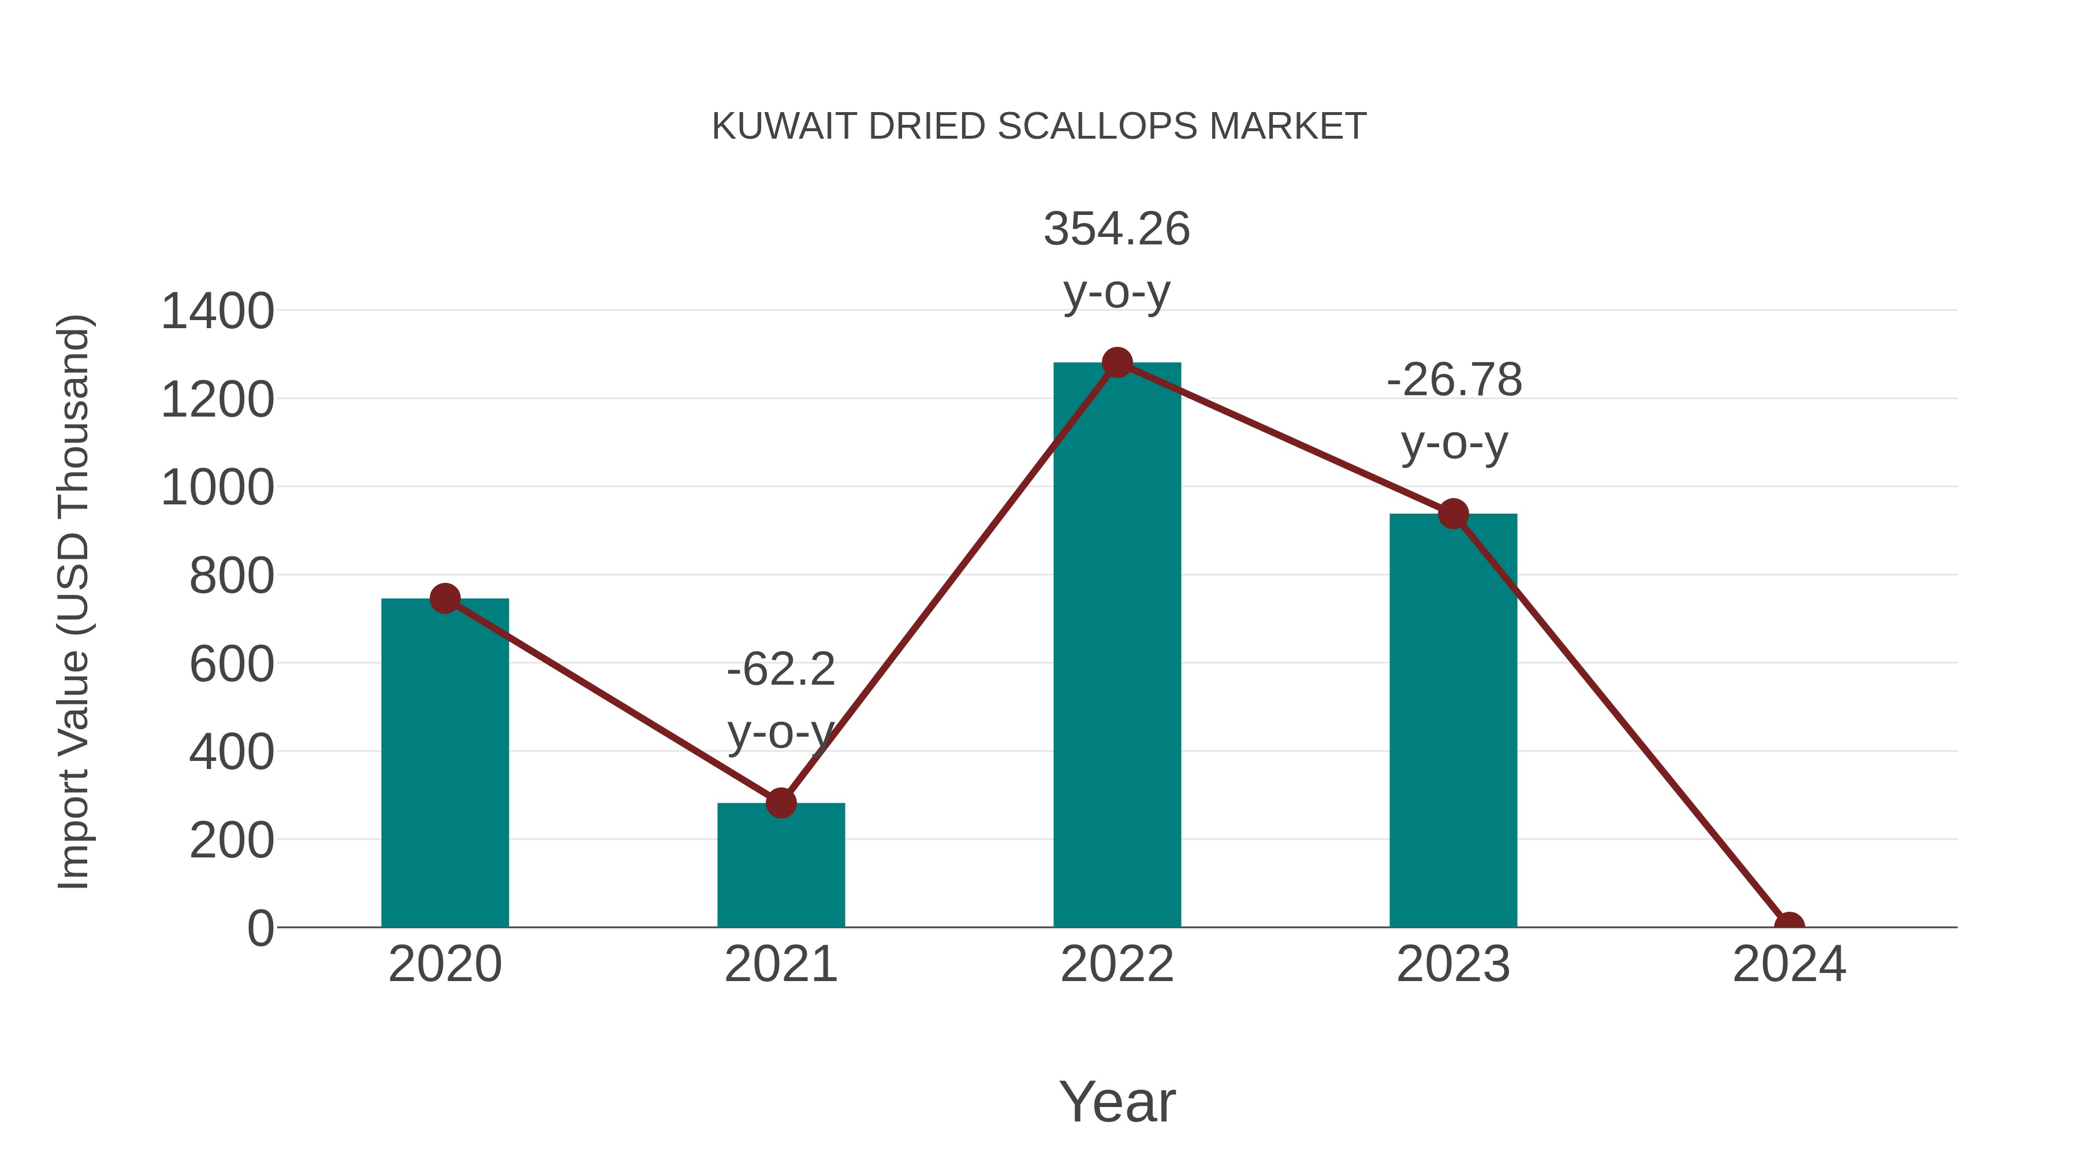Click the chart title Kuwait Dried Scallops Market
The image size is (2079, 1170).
[1039, 127]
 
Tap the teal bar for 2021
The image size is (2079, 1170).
[780, 868]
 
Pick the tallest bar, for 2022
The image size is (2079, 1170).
[1117, 646]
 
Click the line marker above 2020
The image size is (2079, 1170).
[445, 599]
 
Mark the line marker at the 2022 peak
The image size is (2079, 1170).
[1117, 362]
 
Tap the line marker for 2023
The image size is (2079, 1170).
[1453, 514]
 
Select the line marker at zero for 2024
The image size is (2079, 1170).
[1789, 926]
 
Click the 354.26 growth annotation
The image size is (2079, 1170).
[1116, 229]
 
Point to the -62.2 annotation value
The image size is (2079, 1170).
[780, 670]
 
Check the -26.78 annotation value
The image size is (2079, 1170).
[1454, 380]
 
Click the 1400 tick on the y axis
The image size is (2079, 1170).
[217, 311]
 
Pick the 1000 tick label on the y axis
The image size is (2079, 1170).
[217, 488]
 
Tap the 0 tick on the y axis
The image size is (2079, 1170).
[260, 928]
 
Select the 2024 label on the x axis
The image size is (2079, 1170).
[1789, 965]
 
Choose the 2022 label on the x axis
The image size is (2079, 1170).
[1117, 965]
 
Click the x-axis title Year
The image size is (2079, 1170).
[1117, 1102]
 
